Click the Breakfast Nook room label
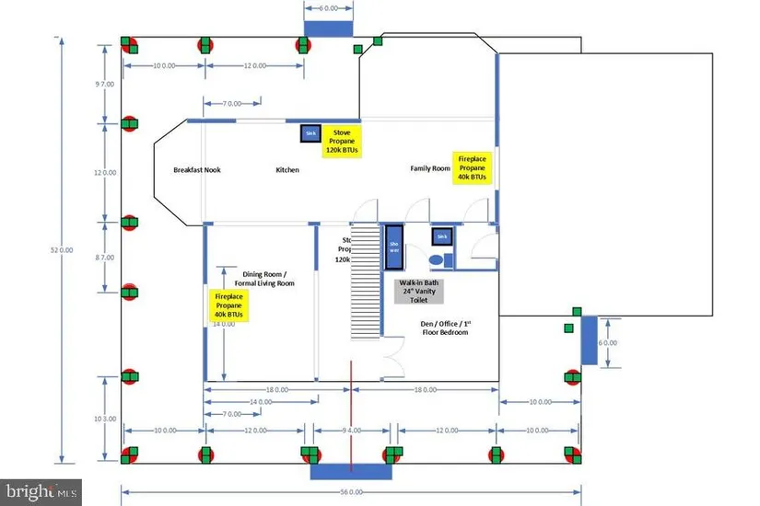tap(197, 169)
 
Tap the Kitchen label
tap(287, 169)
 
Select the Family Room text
tap(430, 168)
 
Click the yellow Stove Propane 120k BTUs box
tap(341, 144)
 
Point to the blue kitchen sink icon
tap(310, 134)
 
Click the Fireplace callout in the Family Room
tap(472, 168)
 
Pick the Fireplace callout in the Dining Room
tap(229, 306)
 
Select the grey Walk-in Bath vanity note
tap(418, 291)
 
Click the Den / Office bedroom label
tap(445, 327)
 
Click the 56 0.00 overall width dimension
tap(351, 492)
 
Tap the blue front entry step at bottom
tap(351, 471)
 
